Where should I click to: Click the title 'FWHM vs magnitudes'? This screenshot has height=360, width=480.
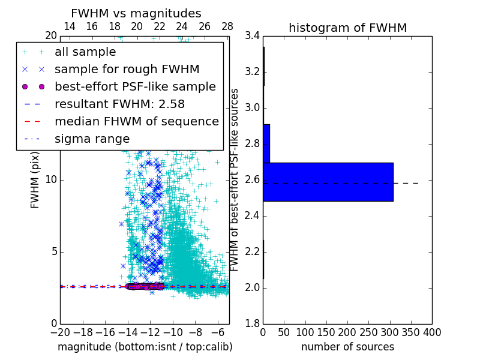coord(136,13)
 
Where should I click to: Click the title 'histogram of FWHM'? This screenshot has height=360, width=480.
coord(347,28)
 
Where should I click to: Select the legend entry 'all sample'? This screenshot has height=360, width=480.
coord(85,52)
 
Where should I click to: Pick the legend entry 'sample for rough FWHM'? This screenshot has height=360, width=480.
coord(127,70)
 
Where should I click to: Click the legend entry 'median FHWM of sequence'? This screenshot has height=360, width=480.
coord(136,121)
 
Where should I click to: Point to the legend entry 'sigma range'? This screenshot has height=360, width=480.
coord(92,139)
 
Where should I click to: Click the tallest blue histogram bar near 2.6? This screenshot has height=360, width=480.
coord(328,182)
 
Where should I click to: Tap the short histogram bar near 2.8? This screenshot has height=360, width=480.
coord(266,143)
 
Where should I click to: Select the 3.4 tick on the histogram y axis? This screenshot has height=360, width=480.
coord(252,36)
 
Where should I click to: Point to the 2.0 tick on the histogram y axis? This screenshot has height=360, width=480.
coord(252,288)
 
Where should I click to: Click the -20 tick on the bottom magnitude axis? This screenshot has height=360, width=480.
coord(60,332)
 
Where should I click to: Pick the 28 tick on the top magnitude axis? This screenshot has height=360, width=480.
coord(227,26)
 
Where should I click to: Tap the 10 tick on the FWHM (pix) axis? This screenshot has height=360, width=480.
coord(51,179)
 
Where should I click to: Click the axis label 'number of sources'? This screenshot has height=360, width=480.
coord(347,347)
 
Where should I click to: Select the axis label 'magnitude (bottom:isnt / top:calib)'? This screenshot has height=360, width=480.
coord(145,347)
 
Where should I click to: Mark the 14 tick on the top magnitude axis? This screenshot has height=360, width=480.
coord(69,26)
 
